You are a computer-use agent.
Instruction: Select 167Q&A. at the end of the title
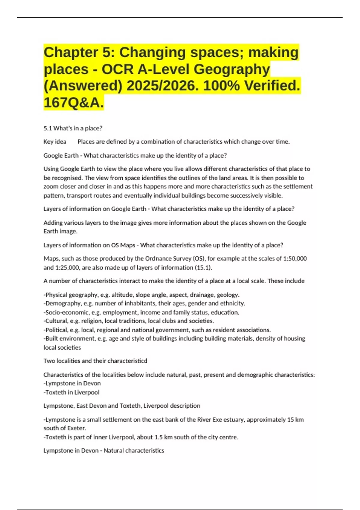point(74,103)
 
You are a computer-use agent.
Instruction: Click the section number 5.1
point(48,128)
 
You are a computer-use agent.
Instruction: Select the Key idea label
point(55,142)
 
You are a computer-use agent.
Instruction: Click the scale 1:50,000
point(295,259)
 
